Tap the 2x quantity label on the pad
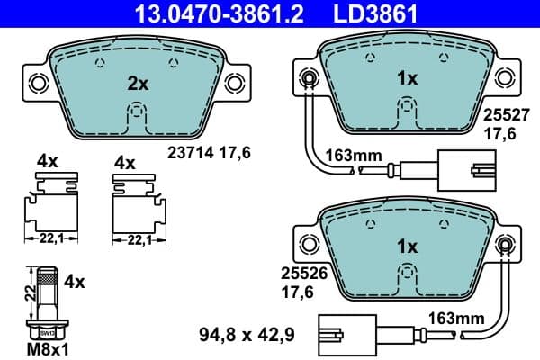click(137, 83)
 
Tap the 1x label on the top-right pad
click(407, 78)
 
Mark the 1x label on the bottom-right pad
click(407, 245)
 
